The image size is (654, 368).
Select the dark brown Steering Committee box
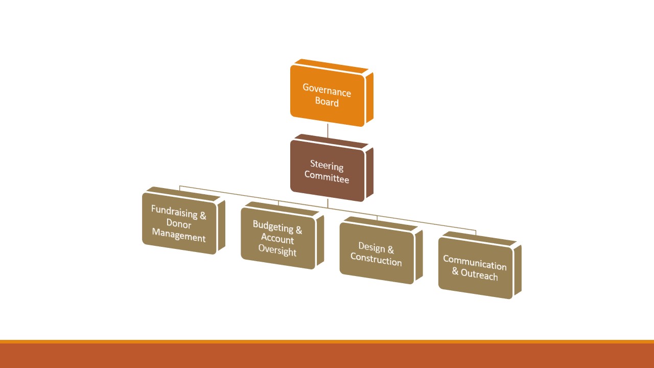point(327,171)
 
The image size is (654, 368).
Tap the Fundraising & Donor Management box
point(179,224)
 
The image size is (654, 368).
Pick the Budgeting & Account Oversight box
point(277,239)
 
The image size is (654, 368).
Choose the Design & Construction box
point(376,254)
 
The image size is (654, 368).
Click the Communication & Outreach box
point(475,268)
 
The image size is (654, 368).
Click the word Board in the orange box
point(327,102)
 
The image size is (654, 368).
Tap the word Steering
point(327,166)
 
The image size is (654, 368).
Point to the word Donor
point(179,224)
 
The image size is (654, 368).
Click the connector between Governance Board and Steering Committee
point(328,131)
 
